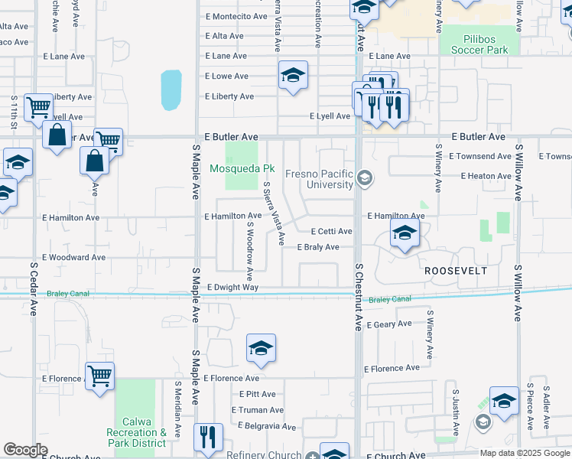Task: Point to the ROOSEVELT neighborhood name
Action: click(x=455, y=271)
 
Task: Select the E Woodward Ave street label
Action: click(x=74, y=258)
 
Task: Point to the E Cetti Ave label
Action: click(x=330, y=231)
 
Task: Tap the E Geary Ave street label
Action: click(x=389, y=324)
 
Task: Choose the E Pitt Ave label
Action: click(x=257, y=394)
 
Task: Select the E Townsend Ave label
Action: click(x=479, y=156)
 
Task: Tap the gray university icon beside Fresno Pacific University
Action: click(x=365, y=179)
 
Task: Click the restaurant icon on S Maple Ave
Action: click(x=207, y=437)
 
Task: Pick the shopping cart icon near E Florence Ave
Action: click(x=99, y=376)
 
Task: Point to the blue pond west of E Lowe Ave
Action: click(x=171, y=90)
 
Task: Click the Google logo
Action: click(x=24, y=450)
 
